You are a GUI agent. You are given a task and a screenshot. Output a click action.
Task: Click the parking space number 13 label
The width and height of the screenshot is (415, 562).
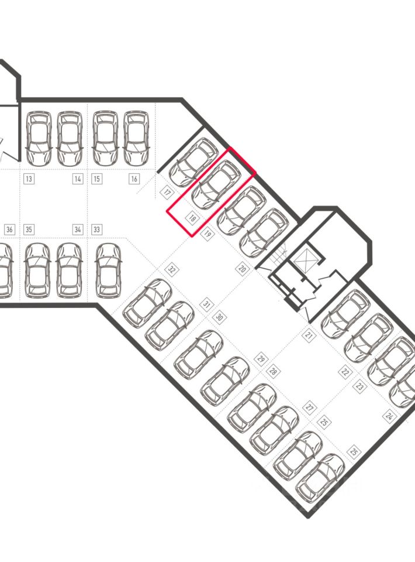(x=28, y=179)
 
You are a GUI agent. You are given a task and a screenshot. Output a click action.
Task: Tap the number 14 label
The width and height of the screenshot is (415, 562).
(x=78, y=179)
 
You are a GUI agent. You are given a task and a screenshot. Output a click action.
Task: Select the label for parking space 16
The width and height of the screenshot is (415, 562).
(x=134, y=179)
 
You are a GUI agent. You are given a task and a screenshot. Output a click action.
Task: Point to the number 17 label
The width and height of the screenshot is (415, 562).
(x=167, y=192)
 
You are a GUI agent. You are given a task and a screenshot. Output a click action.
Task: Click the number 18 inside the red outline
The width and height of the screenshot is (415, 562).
(x=192, y=219)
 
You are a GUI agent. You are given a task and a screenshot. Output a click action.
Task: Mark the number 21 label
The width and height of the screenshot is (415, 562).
(x=309, y=334)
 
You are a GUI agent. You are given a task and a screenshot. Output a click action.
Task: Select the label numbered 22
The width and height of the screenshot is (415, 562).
(x=345, y=372)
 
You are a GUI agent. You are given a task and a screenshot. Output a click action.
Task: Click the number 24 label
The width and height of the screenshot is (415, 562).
(x=389, y=416)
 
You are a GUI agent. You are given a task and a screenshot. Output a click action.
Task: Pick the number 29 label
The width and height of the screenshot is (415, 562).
(x=261, y=358)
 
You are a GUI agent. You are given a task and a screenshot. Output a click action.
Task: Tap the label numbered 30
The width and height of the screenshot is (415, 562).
(x=220, y=317)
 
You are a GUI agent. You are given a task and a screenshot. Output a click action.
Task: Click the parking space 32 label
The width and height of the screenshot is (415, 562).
(x=171, y=269)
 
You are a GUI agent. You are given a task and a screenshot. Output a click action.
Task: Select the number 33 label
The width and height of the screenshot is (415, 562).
(x=96, y=229)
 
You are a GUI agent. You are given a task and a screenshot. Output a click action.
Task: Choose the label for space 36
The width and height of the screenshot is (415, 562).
(x=9, y=229)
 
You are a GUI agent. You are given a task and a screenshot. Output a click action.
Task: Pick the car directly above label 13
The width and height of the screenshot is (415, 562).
(x=39, y=139)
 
